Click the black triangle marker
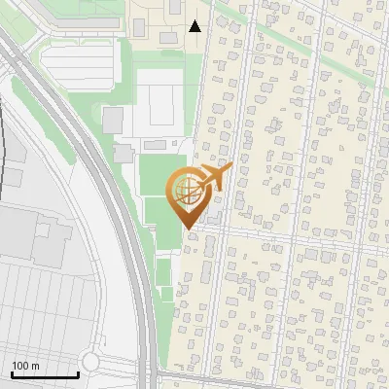click(195, 26)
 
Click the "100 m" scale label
click(25, 366)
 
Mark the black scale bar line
click(45, 374)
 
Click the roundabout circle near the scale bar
click(90, 362)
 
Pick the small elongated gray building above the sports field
click(124, 153)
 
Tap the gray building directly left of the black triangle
click(169, 36)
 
